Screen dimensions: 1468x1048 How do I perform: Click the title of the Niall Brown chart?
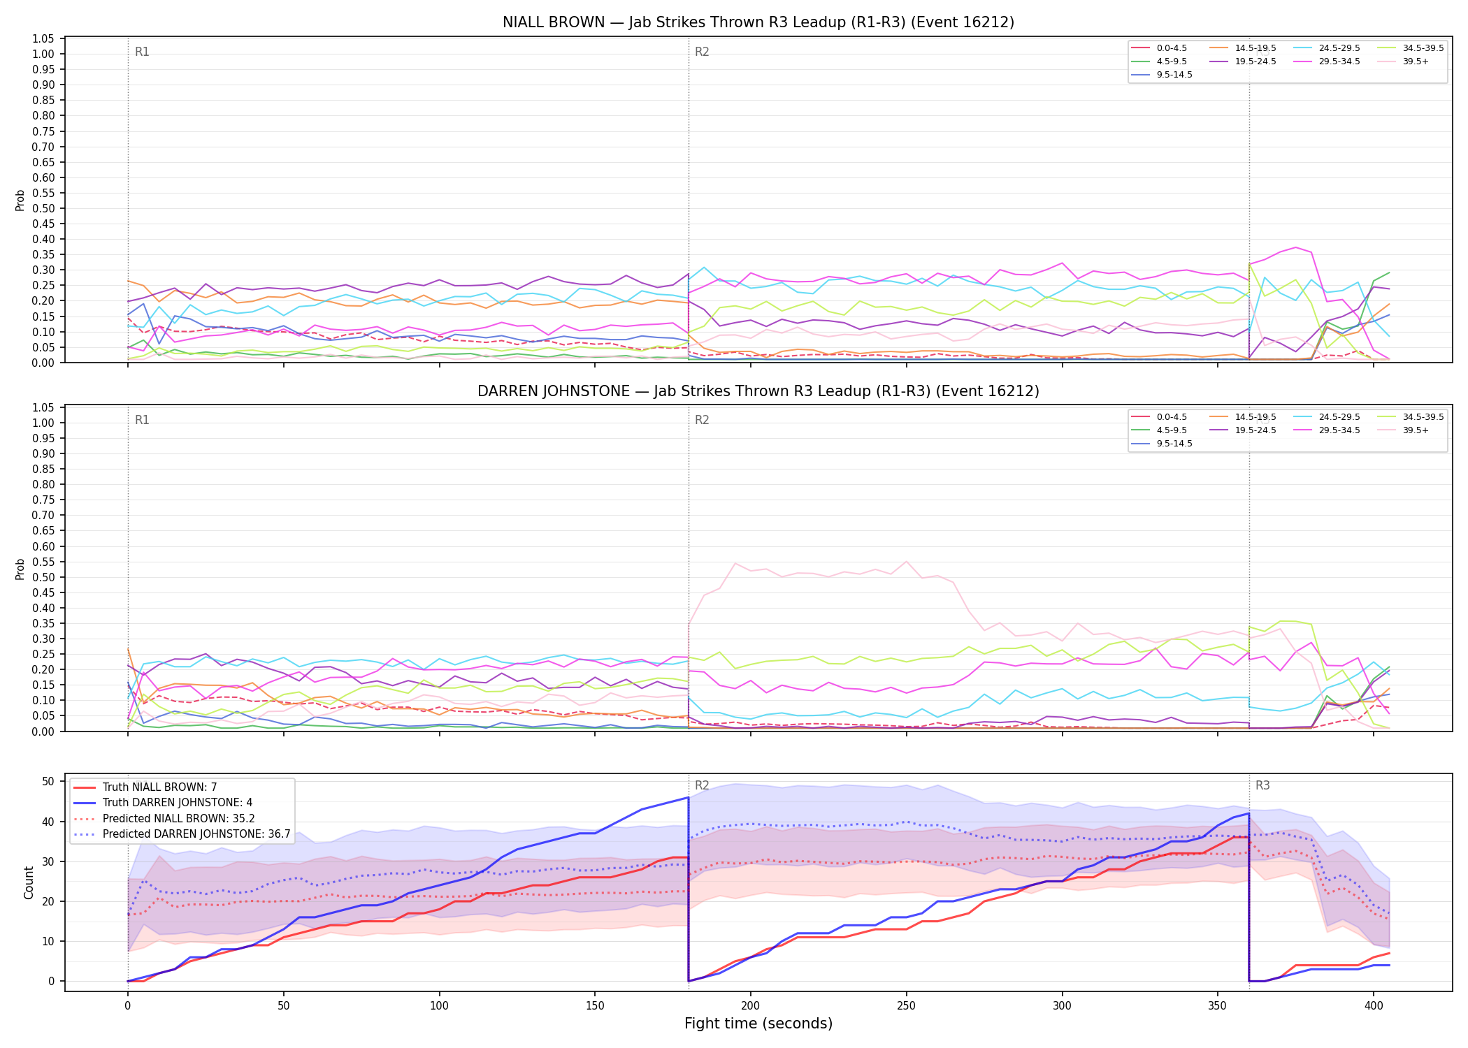[758, 22]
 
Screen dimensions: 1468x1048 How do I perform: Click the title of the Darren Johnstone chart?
[758, 391]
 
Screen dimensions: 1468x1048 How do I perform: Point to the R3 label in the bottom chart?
[1262, 785]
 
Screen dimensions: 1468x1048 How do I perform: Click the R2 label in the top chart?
[702, 52]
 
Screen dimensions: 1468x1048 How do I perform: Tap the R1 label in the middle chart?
[142, 420]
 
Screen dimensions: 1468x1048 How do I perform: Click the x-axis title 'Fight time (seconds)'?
[758, 1024]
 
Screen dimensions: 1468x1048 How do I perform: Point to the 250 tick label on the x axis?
[906, 1006]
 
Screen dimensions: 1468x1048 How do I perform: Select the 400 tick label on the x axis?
[1373, 1006]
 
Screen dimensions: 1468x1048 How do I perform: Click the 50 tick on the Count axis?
[48, 781]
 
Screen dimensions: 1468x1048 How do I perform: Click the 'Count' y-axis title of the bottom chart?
[29, 882]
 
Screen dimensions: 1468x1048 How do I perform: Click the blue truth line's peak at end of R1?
[689, 797]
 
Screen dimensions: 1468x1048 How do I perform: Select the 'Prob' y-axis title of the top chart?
[20, 201]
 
